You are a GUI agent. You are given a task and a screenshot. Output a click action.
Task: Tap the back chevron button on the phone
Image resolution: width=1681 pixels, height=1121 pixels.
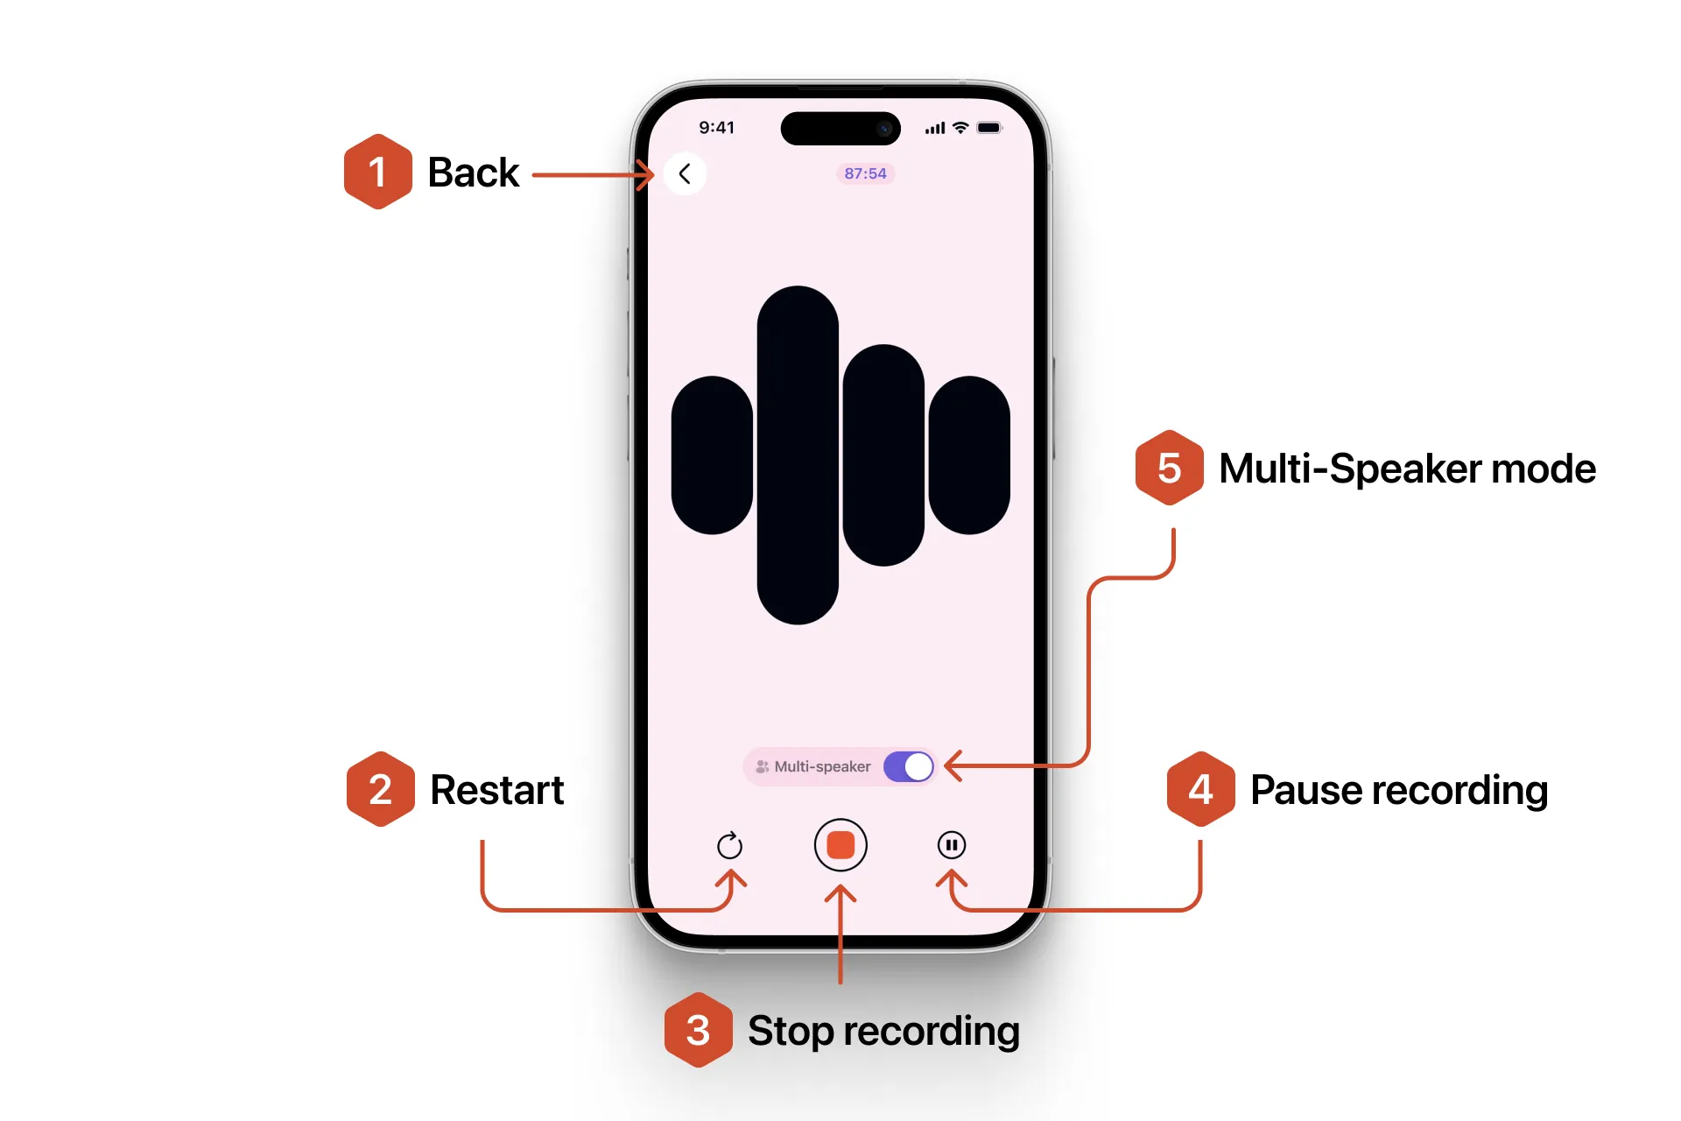pyautogui.click(x=685, y=174)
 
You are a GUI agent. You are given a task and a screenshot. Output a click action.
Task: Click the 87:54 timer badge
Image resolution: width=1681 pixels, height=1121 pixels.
pyautogui.click(x=865, y=173)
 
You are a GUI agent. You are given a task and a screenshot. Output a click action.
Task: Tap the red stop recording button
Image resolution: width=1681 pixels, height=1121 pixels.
pyautogui.click(x=840, y=845)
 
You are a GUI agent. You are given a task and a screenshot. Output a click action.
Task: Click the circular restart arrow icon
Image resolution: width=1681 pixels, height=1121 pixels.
pyautogui.click(x=729, y=845)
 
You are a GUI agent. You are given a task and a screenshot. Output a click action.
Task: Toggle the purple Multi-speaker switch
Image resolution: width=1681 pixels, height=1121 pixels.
pyautogui.click(x=908, y=766)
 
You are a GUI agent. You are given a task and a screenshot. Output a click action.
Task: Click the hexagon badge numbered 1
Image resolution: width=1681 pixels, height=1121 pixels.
pyautogui.click(x=377, y=173)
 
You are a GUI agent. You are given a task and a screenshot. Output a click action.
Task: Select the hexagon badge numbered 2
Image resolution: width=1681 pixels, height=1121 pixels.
pyautogui.click(x=380, y=789)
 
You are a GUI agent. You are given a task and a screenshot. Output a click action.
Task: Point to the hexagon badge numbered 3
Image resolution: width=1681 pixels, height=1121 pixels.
pyautogui.click(x=698, y=1030)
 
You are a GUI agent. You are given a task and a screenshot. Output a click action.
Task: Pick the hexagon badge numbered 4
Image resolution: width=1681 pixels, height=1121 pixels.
pyautogui.click(x=1200, y=789)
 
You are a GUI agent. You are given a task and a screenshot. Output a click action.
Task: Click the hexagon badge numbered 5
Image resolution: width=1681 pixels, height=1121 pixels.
pyautogui.click(x=1169, y=468)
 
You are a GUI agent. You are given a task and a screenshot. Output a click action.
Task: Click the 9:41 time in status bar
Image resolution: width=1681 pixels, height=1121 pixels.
pyautogui.click(x=716, y=128)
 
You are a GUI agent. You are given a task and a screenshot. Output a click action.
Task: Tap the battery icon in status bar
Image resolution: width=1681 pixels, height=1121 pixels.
pyautogui.click(x=989, y=128)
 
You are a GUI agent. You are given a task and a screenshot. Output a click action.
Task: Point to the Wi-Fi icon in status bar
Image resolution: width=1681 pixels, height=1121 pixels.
pyautogui.click(x=960, y=128)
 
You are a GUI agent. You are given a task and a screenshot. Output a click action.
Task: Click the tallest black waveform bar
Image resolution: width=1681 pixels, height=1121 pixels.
pyautogui.click(x=798, y=455)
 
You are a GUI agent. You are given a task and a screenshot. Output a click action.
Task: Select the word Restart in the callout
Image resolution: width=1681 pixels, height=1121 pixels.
pyautogui.click(x=496, y=790)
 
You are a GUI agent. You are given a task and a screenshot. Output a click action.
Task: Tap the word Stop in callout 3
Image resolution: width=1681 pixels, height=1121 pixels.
pyautogui.click(x=790, y=1031)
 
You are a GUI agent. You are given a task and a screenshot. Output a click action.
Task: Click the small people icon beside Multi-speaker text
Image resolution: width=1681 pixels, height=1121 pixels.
pyautogui.click(x=762, y=766)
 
